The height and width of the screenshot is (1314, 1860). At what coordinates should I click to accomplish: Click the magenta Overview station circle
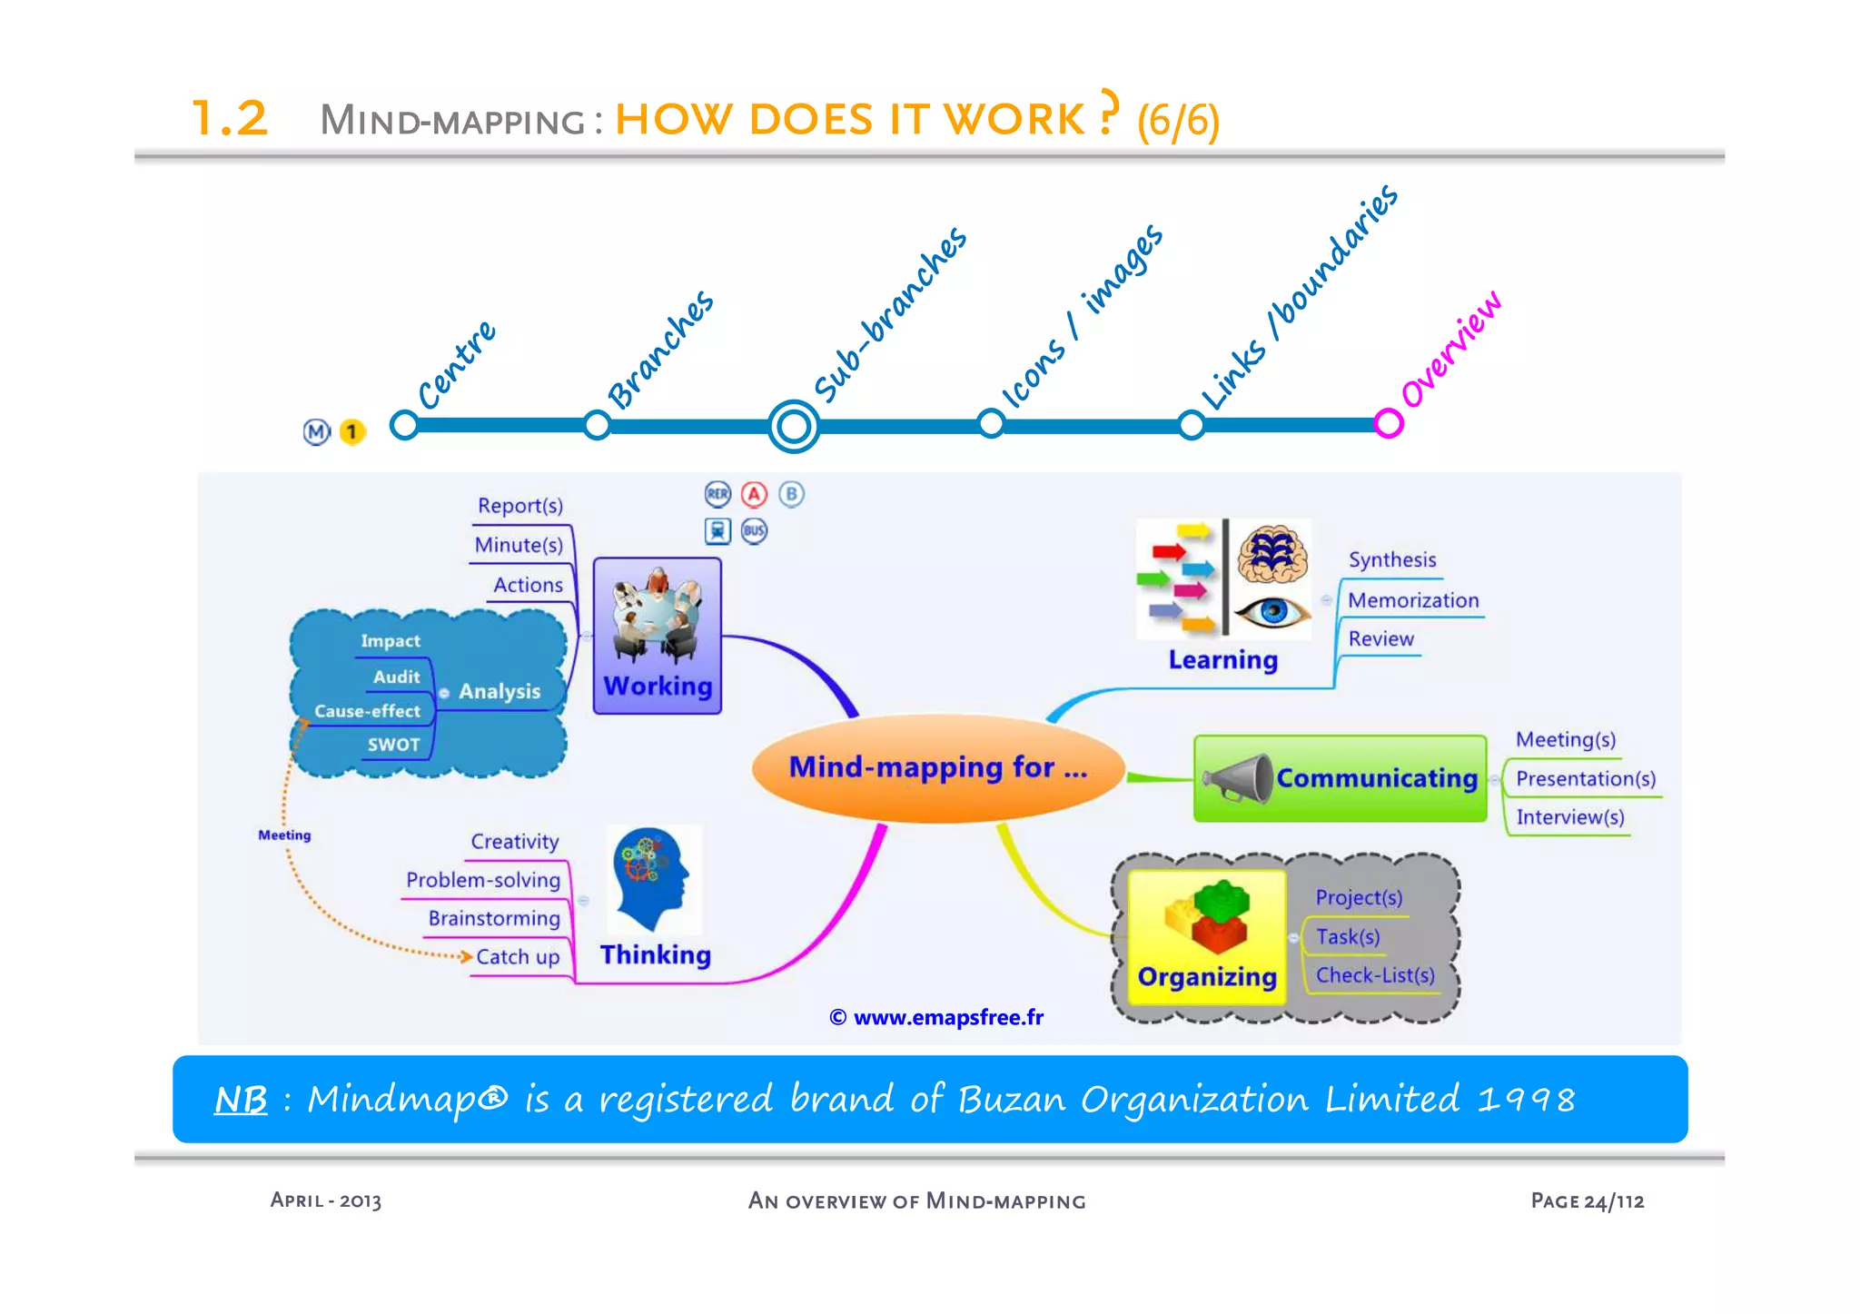[1388, 423]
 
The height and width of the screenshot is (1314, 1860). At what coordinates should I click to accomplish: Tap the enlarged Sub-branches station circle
[794, 426]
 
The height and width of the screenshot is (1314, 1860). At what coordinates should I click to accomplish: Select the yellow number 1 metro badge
[351, 432]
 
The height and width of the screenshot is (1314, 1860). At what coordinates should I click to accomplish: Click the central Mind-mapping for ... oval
[937, 768]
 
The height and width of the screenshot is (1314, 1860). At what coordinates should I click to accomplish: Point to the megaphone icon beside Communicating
[1237, 779]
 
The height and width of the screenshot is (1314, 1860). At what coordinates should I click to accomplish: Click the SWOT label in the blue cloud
[393, 745]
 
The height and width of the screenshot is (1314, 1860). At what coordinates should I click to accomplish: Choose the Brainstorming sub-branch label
[494, 918]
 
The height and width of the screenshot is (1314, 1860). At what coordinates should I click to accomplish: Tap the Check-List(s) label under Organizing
[1375, 975]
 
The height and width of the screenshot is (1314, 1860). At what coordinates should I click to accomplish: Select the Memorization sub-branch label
[1413, 600]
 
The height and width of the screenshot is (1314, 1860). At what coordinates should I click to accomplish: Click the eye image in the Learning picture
[1273, 611]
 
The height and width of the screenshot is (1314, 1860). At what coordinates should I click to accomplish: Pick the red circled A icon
[754, 494]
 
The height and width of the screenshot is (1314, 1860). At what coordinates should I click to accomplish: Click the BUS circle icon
[754, 531]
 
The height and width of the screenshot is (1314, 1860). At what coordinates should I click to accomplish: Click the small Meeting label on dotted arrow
[284, 835]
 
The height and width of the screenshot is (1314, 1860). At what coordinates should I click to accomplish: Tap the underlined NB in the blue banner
[241, 1100]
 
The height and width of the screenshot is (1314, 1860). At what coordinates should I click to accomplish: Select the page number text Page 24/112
[1587, 1200]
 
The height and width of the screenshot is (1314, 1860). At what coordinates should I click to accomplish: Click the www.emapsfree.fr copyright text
[936, 1017]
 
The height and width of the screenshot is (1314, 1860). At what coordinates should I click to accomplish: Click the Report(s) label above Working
[520, 506]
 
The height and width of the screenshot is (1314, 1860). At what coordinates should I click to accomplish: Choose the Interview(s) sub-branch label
[1569, 817]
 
